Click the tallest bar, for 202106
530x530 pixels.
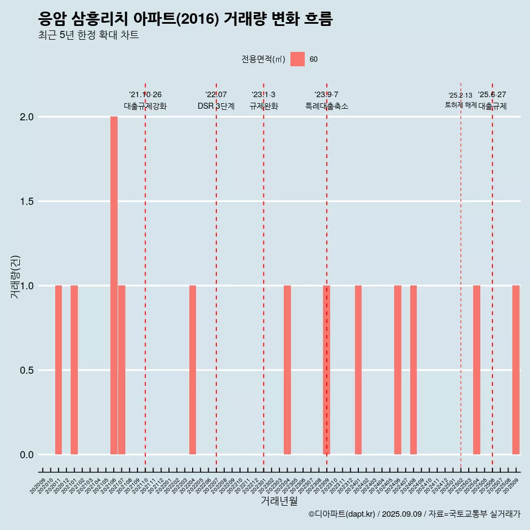click(114, 285)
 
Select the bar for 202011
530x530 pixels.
click(59, 370)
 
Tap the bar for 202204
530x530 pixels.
click(193, 370)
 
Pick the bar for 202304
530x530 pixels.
click(287, 370)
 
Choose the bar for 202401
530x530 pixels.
click(358, 370)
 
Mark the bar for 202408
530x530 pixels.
click(414, 370)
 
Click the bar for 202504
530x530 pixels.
click(476, 370)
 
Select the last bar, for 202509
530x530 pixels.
click(516, 370)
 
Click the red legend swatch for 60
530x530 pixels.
click(298, 59)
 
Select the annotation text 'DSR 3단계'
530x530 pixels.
click(216, 106)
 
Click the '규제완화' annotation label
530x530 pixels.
click(264, 106)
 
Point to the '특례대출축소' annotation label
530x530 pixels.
click(327, 106)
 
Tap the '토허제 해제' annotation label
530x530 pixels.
click(460, 105)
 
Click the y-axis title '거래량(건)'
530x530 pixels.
click(15, 277)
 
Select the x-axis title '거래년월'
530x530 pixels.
click(279, 501)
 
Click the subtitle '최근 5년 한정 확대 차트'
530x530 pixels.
click(88, 35)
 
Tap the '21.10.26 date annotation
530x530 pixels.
click(145, 94)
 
